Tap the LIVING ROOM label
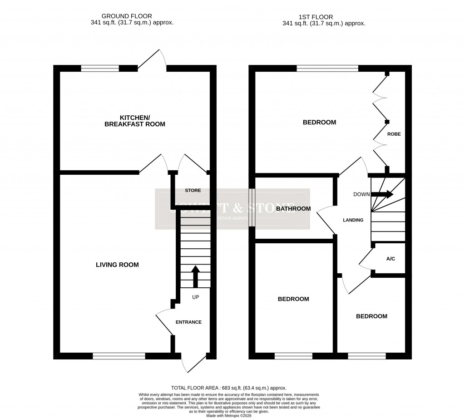(117, 265)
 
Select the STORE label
(193, 191)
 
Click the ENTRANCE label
(188, 322)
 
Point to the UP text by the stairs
(196, 297)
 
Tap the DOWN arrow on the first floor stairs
(382, 194)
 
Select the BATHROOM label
(293, 209)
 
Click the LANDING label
(353, 220)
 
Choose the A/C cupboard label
(391, 259)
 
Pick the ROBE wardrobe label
(394, 134)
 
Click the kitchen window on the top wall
(100, 69)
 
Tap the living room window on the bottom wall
(119, 356)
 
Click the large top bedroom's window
(327, 69)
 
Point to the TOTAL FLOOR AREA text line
(228, 388)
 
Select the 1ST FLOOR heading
(323, 16)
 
